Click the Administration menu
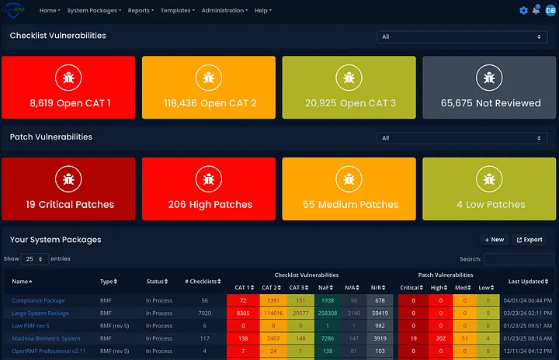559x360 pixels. pyautogui.click(x=224, y=11)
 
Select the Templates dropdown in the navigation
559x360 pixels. pyautogui.click(x=178, y=11)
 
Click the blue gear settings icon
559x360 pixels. pyautogui.click(x=523, y=11)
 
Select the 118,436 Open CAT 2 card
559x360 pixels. pyautogui.click(x=208, y=87)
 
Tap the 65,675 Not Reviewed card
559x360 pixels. pyautogui.click(x=490, y=87)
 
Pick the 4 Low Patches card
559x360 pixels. pyautogui.click(x=490, y=189)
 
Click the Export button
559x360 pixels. pyautogui.click(x=529, y=240)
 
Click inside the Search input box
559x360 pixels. pyautogui.click(x=519, y=259)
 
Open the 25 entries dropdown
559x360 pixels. pyautogui.click(x=35, y=259)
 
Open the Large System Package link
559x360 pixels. pyautogui.click(x=40, y=313)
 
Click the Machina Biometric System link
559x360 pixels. pyautogui.click(x=46, y=338)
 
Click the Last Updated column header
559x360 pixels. pyautogui.click(x=525, y=282)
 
